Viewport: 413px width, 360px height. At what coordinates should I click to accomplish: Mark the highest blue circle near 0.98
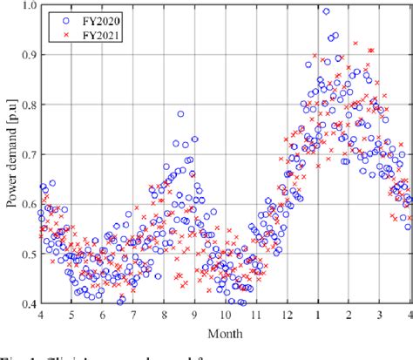coord(327,11)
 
